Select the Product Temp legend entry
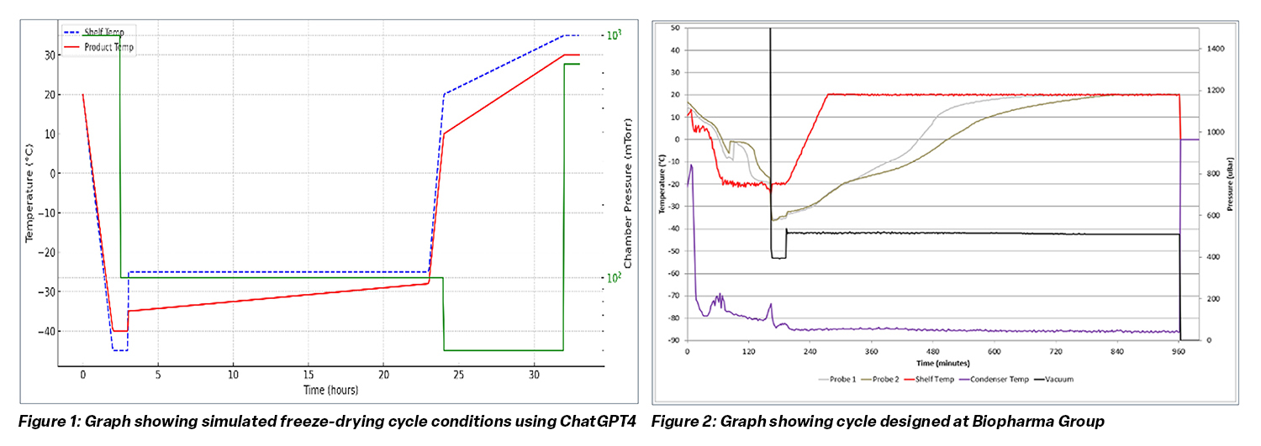pyautogui.click(x=108, y=48)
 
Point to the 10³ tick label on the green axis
pyautogui.click(x=614, y=35)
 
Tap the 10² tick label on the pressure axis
pyautogui.click(x=614, y=278)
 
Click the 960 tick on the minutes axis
pyautogui.click(x=1179, y=351)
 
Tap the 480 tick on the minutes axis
pyautogui.click(x=934, y=351)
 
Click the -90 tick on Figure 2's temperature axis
pyautogui.click(x=674, y=340)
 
